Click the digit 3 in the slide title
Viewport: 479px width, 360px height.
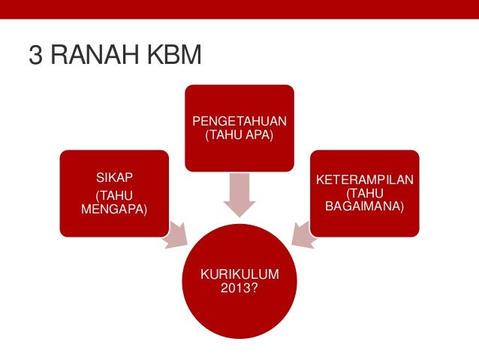(x=35, y=56)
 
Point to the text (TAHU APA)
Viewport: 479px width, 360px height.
(x=239, y=135)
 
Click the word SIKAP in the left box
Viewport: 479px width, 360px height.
(x=113, y=178)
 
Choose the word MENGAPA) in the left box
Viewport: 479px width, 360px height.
(x=113, y=208)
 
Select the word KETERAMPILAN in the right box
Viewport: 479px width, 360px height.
(x=365, y=181)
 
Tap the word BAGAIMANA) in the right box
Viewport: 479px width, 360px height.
(x=365, y=205)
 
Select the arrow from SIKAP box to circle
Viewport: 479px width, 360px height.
(x=176, y=234)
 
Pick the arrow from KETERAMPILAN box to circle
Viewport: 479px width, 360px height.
(x=302, y=234)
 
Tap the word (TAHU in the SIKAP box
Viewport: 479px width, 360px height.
(x=113, y=195)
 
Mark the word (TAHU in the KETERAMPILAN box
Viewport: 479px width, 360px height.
(x=365, y=193)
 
